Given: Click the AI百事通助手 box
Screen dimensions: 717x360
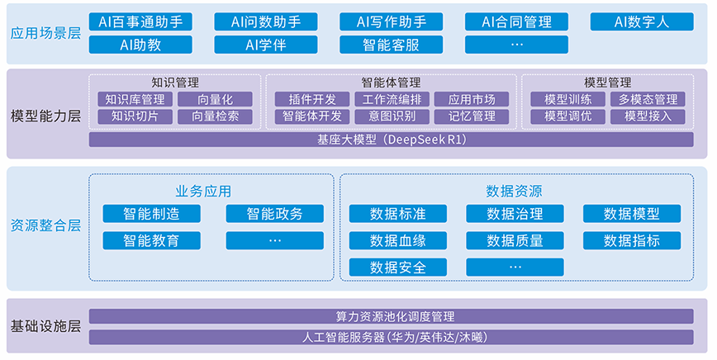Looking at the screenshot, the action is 140,22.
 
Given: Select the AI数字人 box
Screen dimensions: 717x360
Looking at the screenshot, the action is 642,22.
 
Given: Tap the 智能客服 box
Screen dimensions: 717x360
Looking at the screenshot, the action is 391,45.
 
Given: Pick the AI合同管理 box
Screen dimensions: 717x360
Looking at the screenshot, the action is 516,22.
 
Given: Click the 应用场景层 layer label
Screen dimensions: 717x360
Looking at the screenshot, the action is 45,33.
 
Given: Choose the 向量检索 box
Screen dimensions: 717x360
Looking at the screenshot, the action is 215,116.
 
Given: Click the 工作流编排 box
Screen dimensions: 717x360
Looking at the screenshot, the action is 392,99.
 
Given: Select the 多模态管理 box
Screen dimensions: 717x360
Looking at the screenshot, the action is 648,99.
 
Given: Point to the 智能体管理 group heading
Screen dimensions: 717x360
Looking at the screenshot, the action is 391,83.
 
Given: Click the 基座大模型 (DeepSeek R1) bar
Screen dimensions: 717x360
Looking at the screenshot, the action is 391,140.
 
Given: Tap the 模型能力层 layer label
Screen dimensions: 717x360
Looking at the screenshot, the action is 45,116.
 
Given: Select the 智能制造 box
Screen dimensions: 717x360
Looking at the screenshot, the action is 151,214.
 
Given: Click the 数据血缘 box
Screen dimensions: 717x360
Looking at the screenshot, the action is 398,241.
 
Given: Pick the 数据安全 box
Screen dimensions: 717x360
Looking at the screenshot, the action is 398,268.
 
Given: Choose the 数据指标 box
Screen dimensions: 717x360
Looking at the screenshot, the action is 631,241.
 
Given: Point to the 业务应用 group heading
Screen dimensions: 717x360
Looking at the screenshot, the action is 203,191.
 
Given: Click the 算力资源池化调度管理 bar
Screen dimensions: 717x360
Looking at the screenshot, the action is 391,316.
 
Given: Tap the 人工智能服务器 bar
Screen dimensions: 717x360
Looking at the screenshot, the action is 391,337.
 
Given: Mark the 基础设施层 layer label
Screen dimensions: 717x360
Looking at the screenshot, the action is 45,326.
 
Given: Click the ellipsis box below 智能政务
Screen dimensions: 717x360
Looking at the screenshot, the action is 275,241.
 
